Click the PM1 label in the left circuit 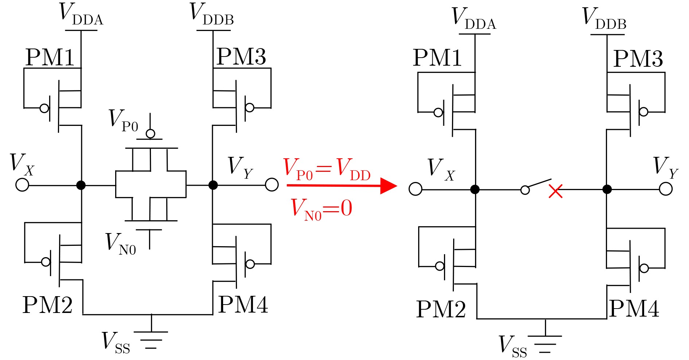coord(50,57)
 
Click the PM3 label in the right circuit coord(638,58)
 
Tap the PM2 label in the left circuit coord(47,305)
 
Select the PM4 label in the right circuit coord(634,309)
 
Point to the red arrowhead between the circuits coord(388,186)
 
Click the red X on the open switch coord(556,191)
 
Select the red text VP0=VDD coord(327,169)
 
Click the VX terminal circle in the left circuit coord(22,185)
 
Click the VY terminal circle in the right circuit coord(666,189)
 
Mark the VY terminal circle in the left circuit coord(272,185)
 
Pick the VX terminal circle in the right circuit coord(416,189)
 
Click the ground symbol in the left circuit coord(151,340)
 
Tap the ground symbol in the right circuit coord(545,344)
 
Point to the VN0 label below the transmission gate coord(121,244)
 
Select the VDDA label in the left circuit coord(81,15)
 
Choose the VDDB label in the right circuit coord(604,19)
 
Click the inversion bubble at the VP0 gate coord(150,134)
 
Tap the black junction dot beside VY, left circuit coord(213,185)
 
